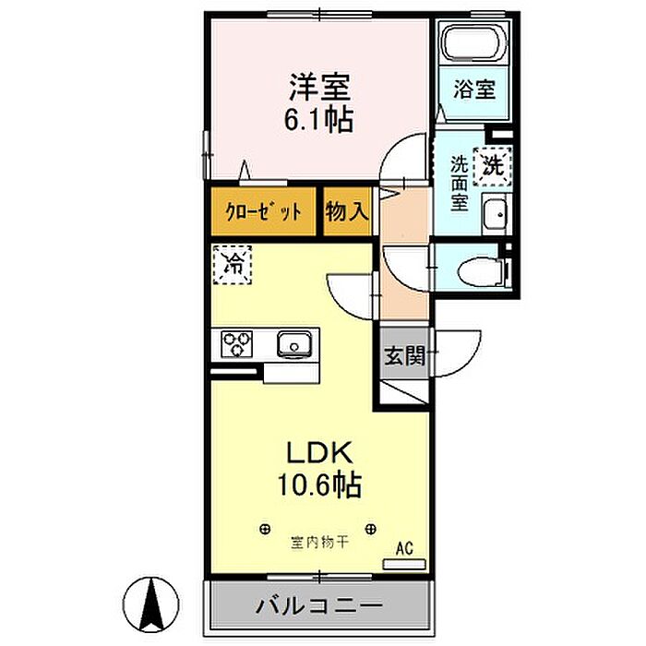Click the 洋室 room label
(319, 87)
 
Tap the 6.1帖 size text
(319, 119)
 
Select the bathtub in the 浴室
(470, 42)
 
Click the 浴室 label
(474, 89)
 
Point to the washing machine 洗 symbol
(493, 166)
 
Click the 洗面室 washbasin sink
(496, 214)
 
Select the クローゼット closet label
(263, 212)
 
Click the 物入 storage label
(346, 212)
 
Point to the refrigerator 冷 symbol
(232, 265)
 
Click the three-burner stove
(236, 343)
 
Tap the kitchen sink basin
(294, 343)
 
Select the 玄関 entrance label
(404, 355)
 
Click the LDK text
(319, 452)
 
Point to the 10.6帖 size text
(319, 484)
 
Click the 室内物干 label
(319, 543)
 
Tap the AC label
(404, 548)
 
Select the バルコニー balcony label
(319, 606)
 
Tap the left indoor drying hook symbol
(266, 529)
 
